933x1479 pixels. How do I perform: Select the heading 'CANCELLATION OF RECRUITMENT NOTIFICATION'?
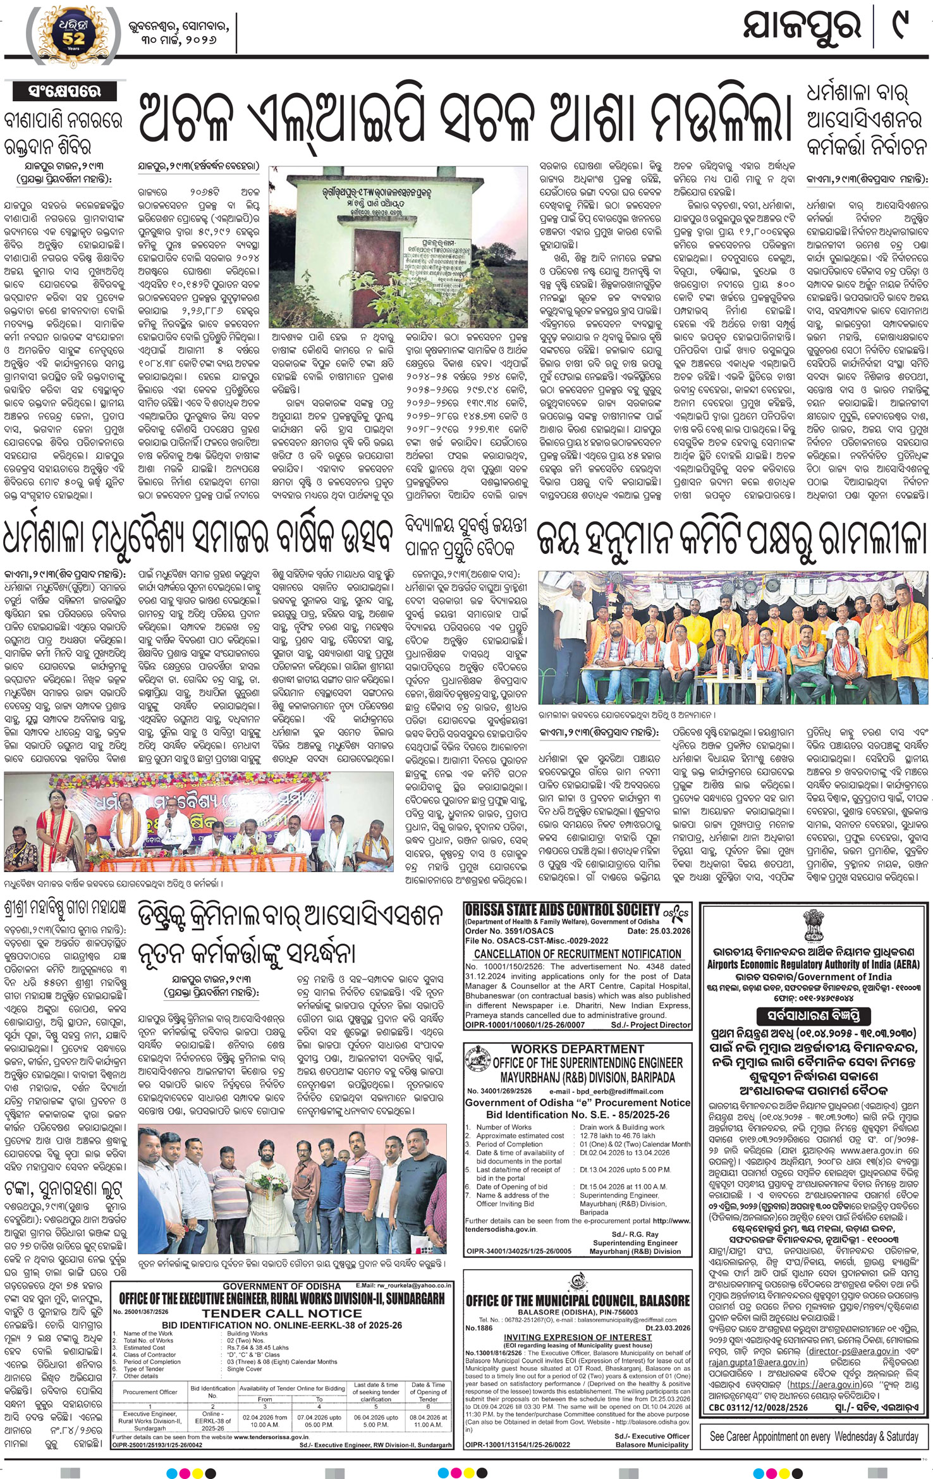point(578,954)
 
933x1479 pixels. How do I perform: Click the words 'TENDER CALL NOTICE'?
point(282,1313)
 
